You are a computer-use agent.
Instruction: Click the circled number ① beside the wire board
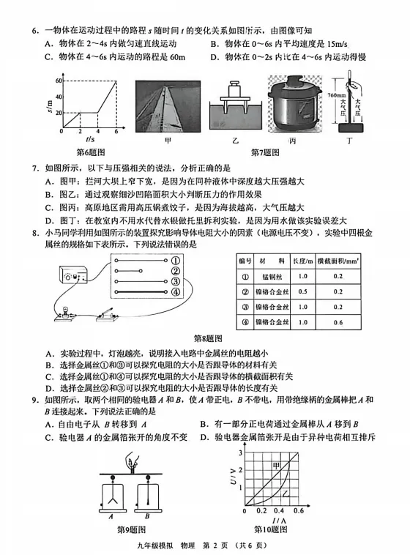[x=176, y=260]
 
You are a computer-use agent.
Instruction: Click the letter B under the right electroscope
[x=152, y=517]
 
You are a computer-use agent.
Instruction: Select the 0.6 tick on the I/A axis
[x=297, y=510]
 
